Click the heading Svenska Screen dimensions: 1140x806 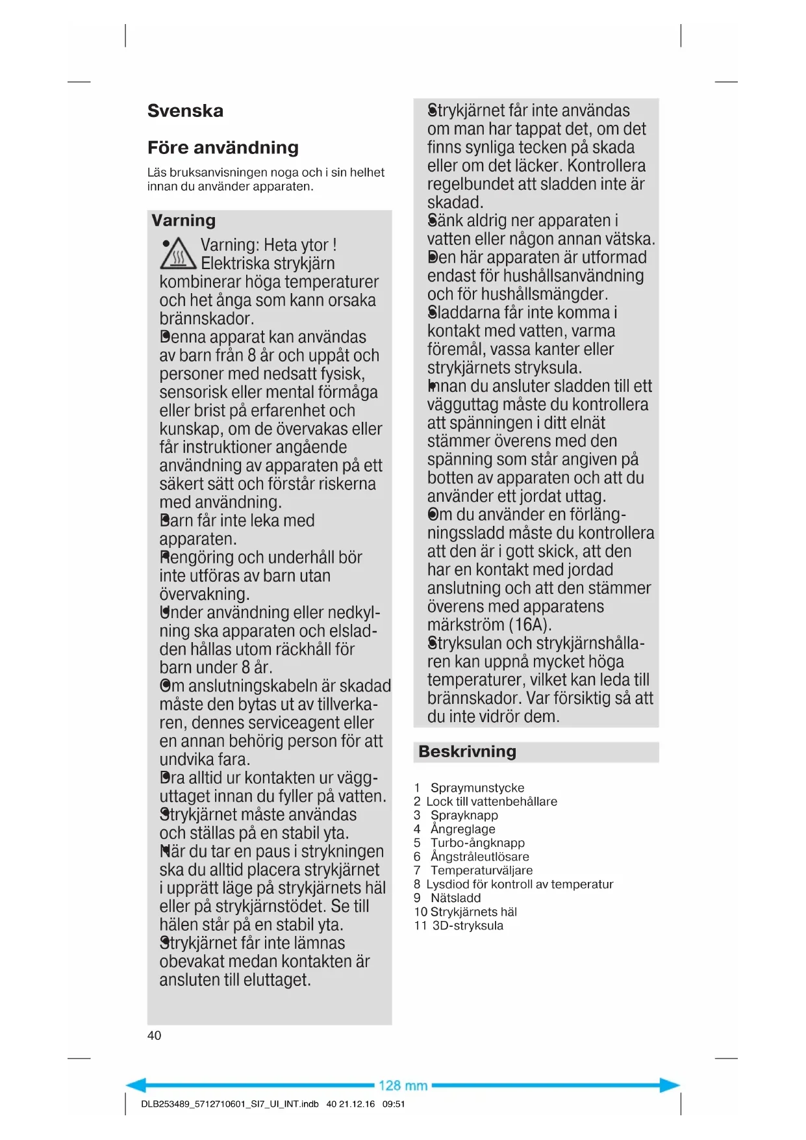coord(185,111)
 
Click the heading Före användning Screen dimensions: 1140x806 coord(223,148)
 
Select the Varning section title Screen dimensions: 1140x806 coord(183,220)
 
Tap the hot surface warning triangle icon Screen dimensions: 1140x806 coord(177,254)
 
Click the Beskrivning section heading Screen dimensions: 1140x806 coord(467,752)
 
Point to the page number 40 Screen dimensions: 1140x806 coord(154,1035)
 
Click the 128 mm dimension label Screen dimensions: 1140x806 coord(403,1085)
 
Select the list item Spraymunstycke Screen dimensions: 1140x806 coord(477,788)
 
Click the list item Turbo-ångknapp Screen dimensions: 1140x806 coord(477,843)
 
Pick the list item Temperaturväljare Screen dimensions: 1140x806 coord(481,870)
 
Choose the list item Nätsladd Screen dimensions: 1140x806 coord(455,898)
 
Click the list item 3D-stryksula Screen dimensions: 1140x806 coord(468,926)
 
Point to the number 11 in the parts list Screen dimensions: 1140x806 coord(420,926)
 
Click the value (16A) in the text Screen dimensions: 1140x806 coord(530,625)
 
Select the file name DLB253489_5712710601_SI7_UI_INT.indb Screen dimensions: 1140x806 coord(229,1104)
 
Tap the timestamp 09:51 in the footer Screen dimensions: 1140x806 coord(394,1104)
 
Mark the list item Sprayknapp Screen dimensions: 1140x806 coord(464,815)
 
